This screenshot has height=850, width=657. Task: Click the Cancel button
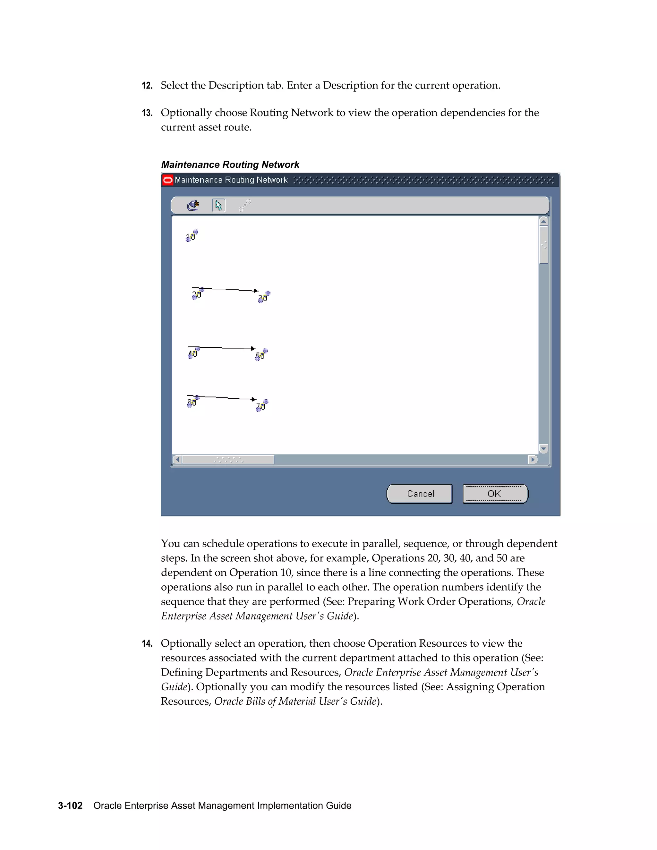[x=419, y=494]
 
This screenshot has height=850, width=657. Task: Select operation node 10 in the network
[x=192, y=236]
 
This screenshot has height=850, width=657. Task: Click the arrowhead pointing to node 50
[x=253, y=348]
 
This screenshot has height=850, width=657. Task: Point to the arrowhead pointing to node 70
[x=254, y=399]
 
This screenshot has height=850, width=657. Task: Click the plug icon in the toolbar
[x=193, y=205]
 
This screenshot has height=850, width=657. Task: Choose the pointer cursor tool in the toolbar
[x=218, y=205]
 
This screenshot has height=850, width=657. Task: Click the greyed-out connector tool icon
[x=244, y=205]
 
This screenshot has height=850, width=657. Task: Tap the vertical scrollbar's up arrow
[x=544, y=221]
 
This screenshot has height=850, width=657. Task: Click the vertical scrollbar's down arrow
[x=544, y=449]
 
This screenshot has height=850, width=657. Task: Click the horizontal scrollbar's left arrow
[x=177, y=460]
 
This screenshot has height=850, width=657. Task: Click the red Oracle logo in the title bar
[x=168, y=180]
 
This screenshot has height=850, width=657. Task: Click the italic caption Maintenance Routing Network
[x=230, y=165]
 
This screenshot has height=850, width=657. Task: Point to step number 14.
[x=147, y=644]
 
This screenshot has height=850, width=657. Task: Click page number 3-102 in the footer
[x=71, y=805]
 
